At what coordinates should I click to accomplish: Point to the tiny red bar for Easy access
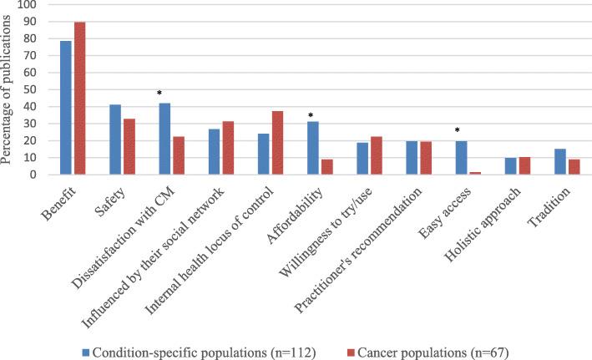[x=473, y=173]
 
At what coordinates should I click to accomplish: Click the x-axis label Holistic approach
[x=485, y=215]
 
